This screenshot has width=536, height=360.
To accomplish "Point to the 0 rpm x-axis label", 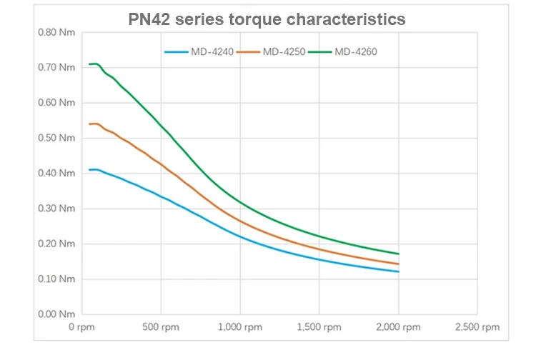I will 82,328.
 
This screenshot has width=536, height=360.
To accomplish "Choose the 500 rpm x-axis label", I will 161,328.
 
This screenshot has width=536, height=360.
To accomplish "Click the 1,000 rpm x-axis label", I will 239,328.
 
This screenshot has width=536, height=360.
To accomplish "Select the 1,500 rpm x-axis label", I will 319,328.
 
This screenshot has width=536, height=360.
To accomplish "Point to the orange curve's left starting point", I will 89,124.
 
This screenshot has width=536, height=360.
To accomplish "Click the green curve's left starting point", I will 89,64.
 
